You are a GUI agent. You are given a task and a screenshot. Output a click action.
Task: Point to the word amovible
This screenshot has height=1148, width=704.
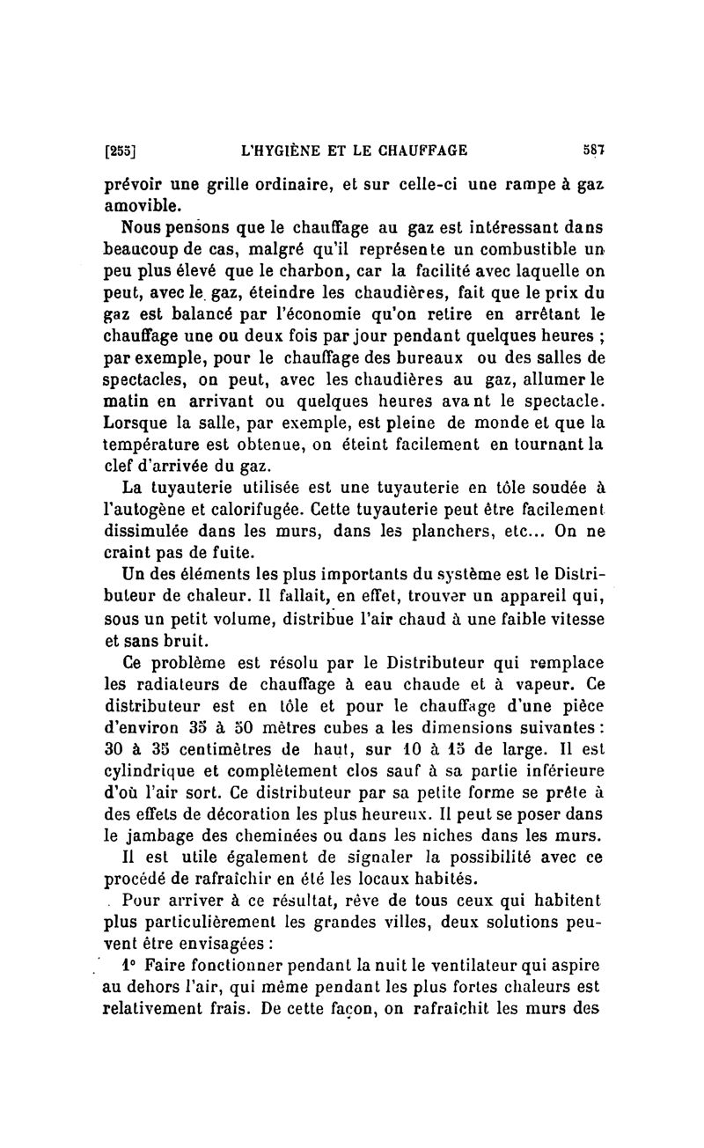[x=138, y=205]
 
